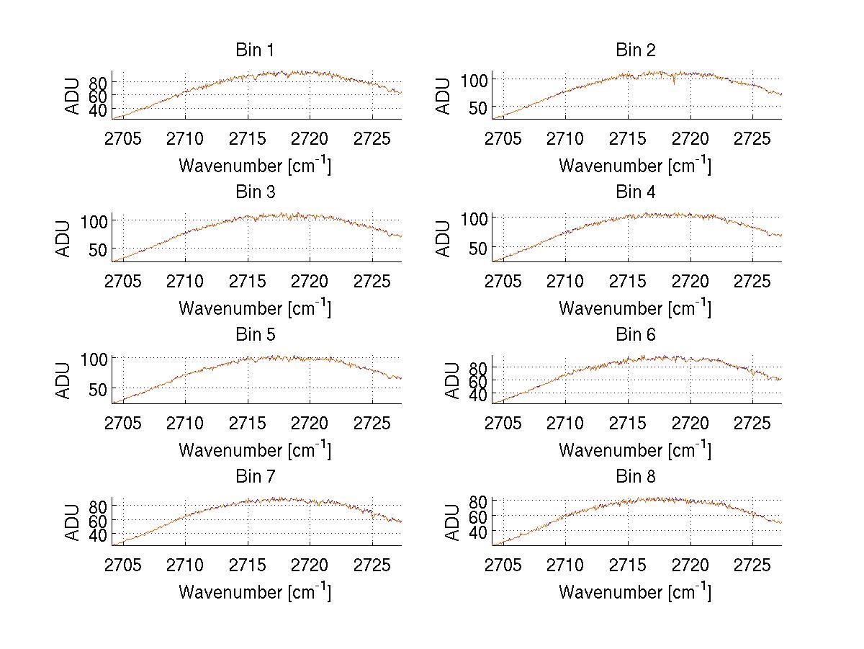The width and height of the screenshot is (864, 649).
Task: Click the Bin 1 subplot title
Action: coord(255,50)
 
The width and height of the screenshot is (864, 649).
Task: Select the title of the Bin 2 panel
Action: coord(636,50)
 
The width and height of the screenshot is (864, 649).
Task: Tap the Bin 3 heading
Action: coord(255,192)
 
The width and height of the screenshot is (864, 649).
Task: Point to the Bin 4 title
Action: coord(636,192)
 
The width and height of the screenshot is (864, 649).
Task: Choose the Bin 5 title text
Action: coord(255,335)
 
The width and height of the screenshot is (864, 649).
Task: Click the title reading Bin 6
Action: coord(636,335)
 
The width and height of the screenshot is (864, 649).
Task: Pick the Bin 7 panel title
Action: coord(255,477)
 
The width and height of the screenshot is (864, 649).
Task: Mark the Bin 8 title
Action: coord(636,477)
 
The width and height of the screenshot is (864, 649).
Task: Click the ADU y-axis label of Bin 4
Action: coord(444,238)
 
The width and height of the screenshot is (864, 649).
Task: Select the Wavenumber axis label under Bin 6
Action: coord(634,450)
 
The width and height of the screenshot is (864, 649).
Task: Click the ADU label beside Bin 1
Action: coord(72,96)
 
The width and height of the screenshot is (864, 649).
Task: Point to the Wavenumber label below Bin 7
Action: coord(254,592)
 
